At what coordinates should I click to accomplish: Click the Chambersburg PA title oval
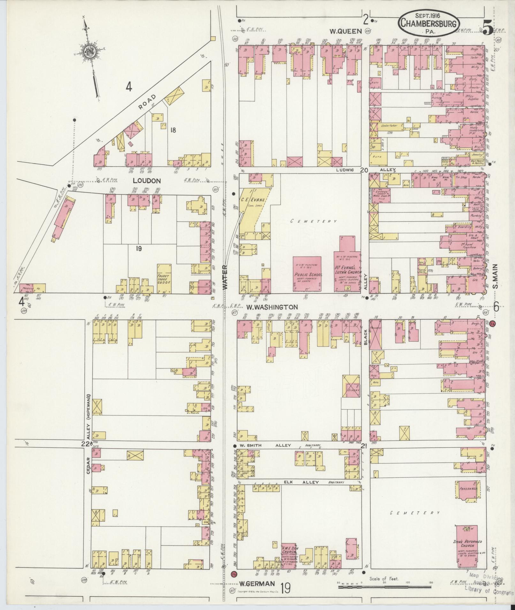coord(429,23)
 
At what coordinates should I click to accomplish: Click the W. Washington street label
coord(272,307)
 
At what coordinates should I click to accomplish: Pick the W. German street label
coord(257,584)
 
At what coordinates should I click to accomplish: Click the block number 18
coord(173,130)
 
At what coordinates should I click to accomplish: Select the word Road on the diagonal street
coord(148,102)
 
